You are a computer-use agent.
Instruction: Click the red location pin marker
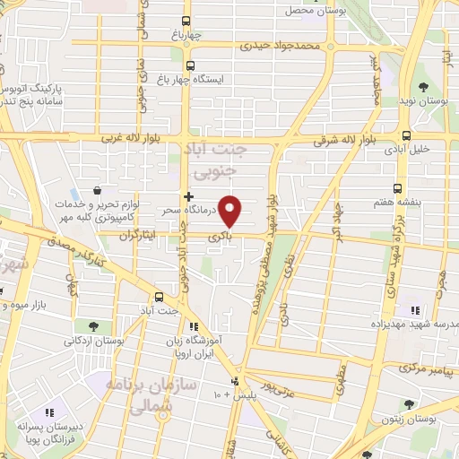230,210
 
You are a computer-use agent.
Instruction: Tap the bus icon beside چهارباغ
186,21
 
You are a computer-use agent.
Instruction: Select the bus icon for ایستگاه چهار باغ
190,65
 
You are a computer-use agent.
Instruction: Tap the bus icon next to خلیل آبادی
407,136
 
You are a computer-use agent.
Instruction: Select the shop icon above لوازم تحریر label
97,191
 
